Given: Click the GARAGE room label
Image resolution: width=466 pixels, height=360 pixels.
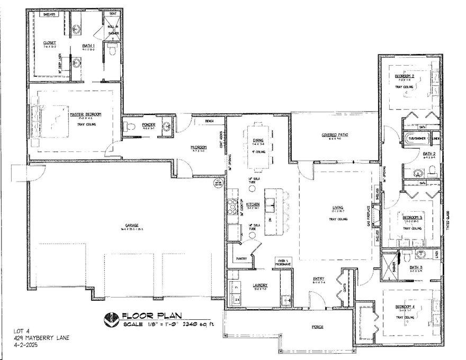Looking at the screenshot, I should tap(127, 226).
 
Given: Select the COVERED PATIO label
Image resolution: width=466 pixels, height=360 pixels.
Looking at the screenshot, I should tap(335, 135).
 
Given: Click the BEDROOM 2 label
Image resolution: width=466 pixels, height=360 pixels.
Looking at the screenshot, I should tap(405, 76).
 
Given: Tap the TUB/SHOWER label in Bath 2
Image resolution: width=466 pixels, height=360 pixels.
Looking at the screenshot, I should tap(415, 139).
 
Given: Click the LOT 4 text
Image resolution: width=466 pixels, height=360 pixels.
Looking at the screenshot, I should tap(19, 331).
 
